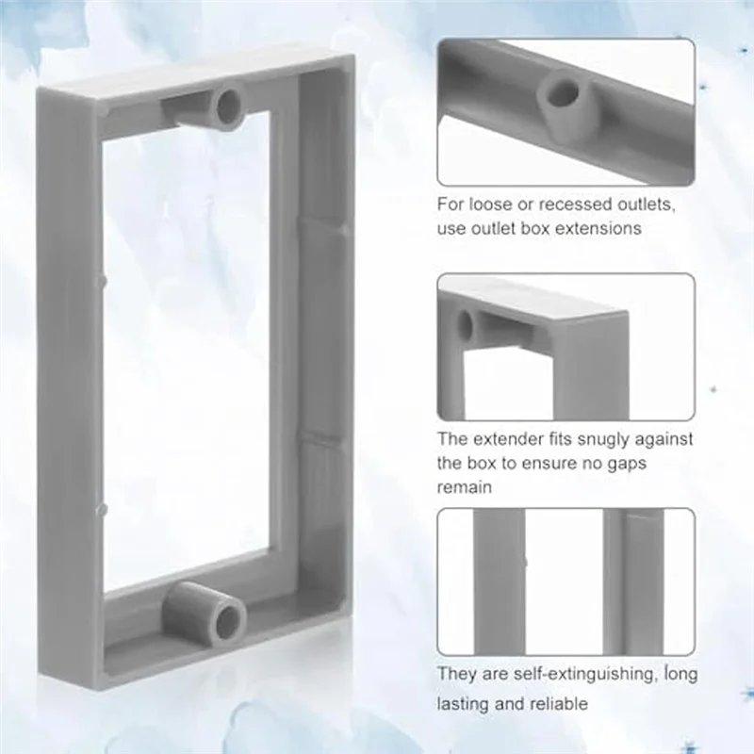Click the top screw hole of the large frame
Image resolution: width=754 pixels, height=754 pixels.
click(x=229, y=107)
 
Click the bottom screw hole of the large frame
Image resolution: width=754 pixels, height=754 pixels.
click(x=227, y=620)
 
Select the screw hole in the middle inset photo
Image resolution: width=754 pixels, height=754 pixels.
click(x=465, y=326)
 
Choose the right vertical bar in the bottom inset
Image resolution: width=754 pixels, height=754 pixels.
click(x=635, y=581)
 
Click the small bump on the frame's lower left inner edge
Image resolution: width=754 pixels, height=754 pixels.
click(x=102, y=509)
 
